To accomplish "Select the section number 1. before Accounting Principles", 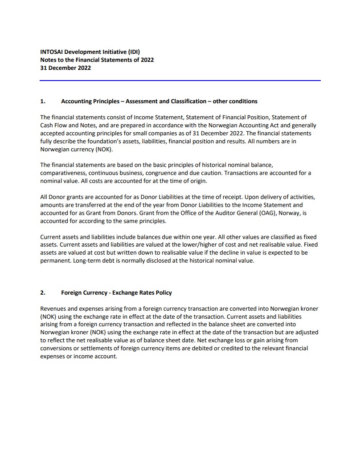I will coord(43,101).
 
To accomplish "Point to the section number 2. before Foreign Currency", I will coord(43,292).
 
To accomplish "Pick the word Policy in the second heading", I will coord(163,292).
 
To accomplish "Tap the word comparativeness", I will coord(62,173).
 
